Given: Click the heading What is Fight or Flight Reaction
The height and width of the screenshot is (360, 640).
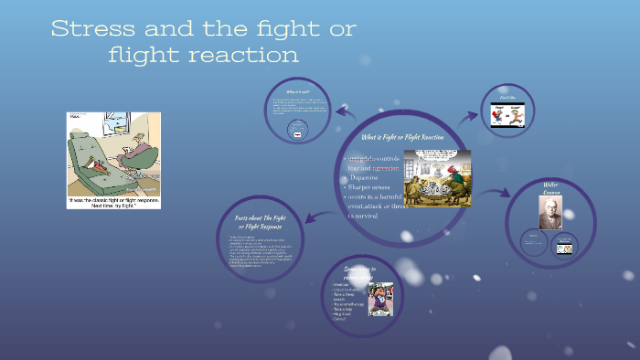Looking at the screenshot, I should pyautogui.click(x=402, y=136).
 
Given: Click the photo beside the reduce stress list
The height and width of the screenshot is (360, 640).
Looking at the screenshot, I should pyautogui.click(x=379, y=298).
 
